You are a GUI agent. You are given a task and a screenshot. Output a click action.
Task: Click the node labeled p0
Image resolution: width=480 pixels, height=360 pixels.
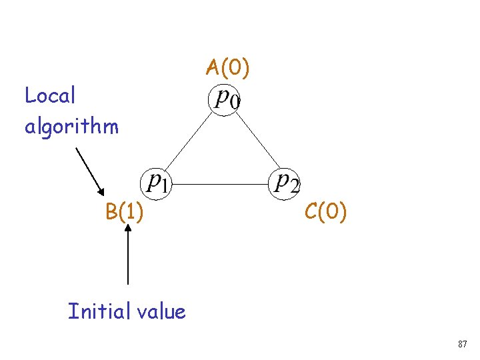[x=226, y=100]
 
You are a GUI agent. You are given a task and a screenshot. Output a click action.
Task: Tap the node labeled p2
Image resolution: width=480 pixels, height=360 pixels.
[x=285, y=181]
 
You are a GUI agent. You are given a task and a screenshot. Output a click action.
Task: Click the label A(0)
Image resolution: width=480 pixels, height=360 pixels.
[x=227, y=67]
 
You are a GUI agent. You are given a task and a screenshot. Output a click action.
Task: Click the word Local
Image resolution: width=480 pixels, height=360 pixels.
[x=50, y=96]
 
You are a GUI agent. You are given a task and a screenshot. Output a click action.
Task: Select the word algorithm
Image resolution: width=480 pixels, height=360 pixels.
[x=71, y=125]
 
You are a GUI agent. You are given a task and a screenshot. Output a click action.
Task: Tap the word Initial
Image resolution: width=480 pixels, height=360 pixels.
[x=97, y=311]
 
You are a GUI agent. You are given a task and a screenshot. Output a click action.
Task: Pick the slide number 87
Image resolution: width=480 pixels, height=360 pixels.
[x=462, y=344]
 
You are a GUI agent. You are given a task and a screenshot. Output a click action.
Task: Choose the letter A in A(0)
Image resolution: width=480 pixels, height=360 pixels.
[x=213, y=67]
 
